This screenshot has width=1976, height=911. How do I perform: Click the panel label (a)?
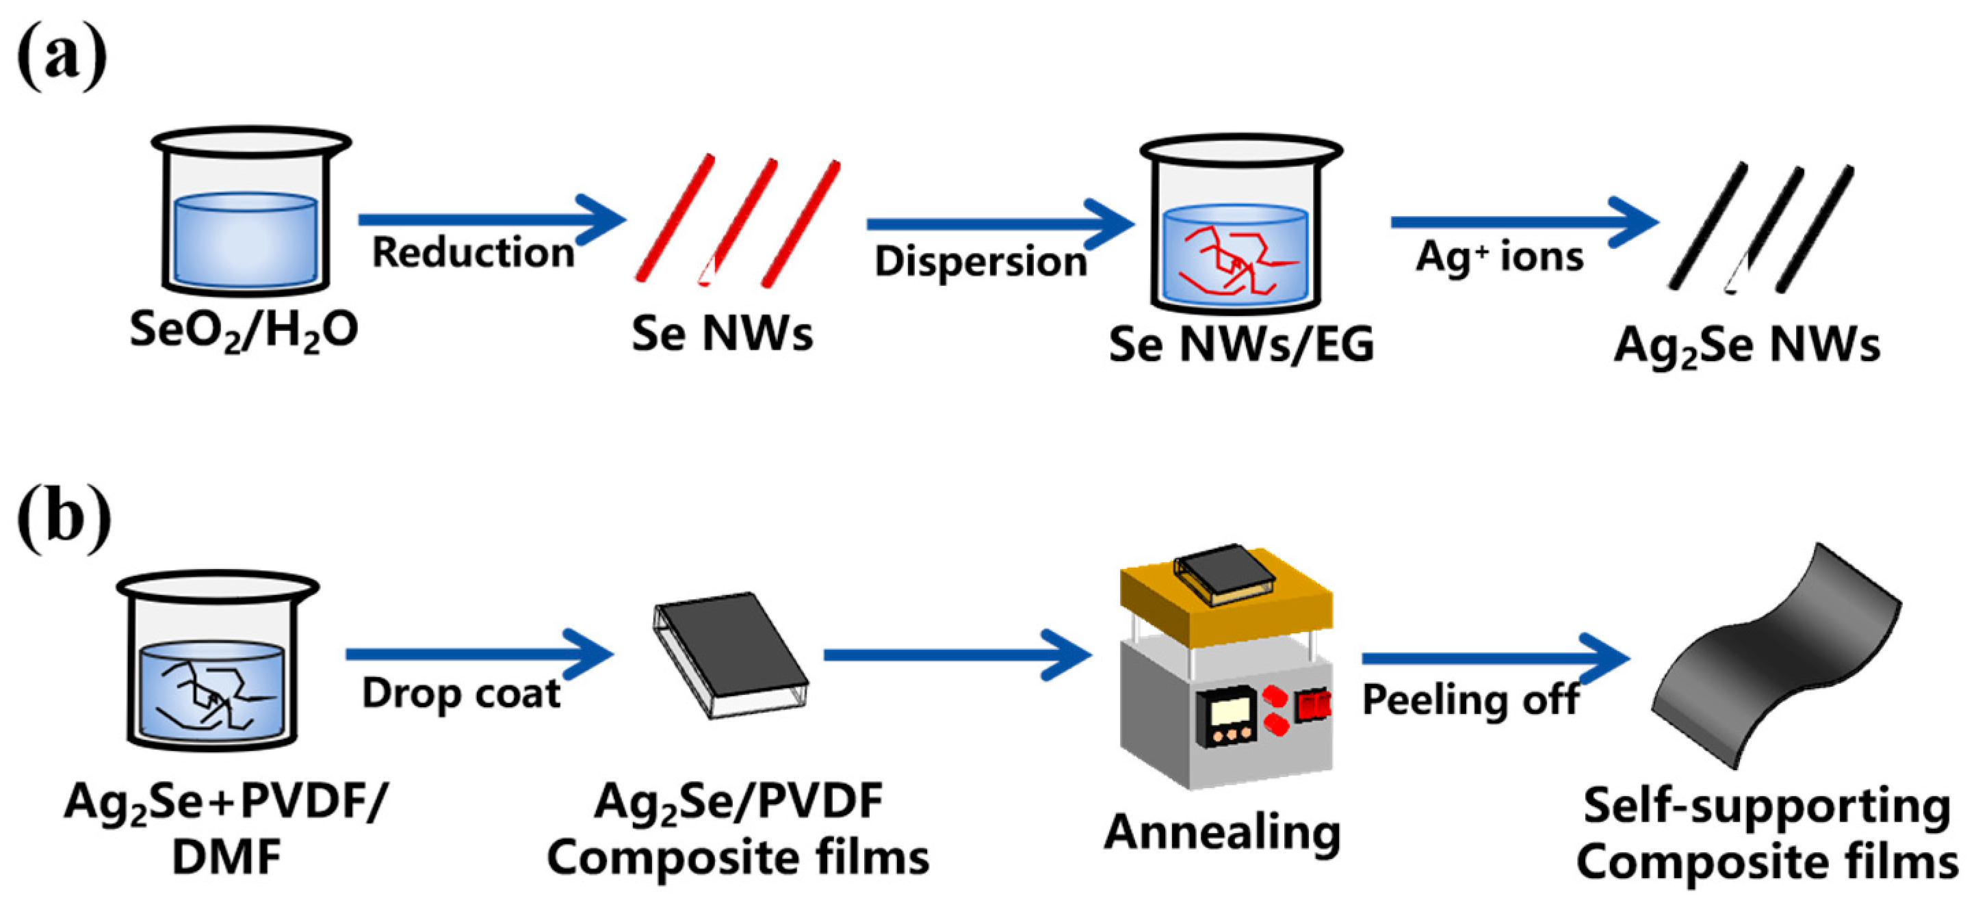click(62, 56)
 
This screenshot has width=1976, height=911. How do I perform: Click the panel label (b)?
click(63, 517)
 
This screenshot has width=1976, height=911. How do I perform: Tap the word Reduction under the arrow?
click(473, 252)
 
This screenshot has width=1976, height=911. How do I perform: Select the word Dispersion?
click(980, 261)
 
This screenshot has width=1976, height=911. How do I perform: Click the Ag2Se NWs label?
click(1747, 346)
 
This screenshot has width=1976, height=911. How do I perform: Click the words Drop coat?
click(461, 694)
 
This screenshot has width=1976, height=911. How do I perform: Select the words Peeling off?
click(1470, 700)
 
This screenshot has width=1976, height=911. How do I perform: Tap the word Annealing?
click(1222, 833)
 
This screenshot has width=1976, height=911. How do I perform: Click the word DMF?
click(226, 858)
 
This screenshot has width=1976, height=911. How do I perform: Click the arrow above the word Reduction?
click(491, 220)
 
